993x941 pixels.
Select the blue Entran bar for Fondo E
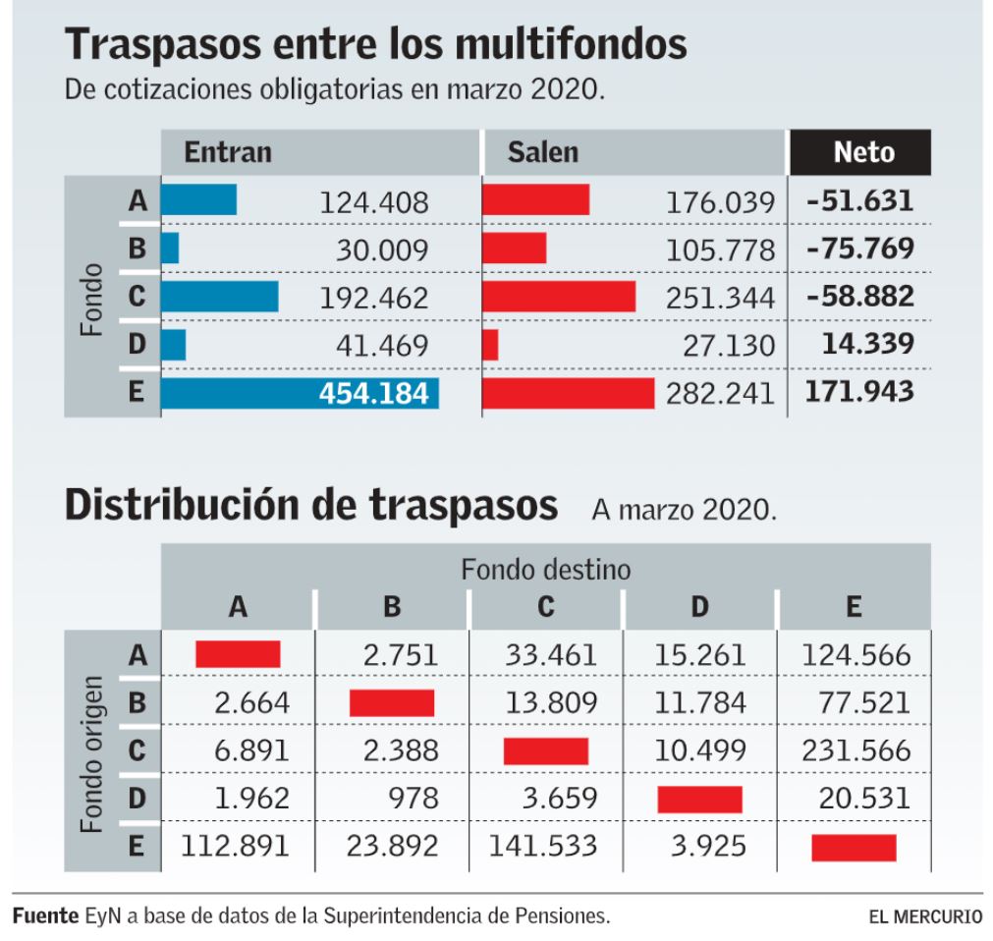tap(300, 393)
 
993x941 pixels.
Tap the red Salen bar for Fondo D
tap(490, 345)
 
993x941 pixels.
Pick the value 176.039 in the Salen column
tap(721, 202)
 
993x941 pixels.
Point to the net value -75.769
tap(859, 249)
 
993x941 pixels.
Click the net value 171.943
tap(859, 393)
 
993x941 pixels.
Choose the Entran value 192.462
tap(374, 298)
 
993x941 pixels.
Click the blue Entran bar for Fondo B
tap(170, 249)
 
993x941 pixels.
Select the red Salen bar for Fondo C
tap(559, 297)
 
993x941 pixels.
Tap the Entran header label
tap(228, 152)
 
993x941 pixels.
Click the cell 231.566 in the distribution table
tap(856, 751)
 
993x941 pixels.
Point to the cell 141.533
tap(545, 846)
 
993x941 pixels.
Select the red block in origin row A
tap(238, 653)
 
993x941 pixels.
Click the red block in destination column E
tap(854, 847)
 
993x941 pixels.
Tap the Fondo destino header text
tap(546, 568)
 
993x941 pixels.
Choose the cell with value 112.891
tap(237, 846)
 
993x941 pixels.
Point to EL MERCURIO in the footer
tap(924, 917)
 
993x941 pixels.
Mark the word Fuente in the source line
tap(44, 917)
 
